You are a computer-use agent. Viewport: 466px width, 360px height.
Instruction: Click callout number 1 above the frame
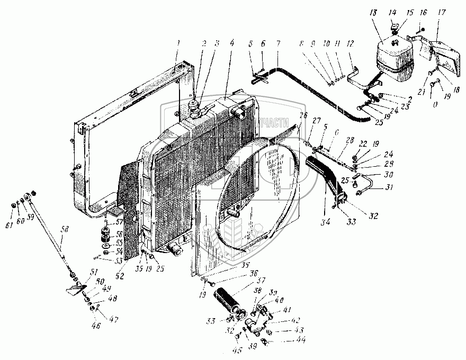point(179,42)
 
